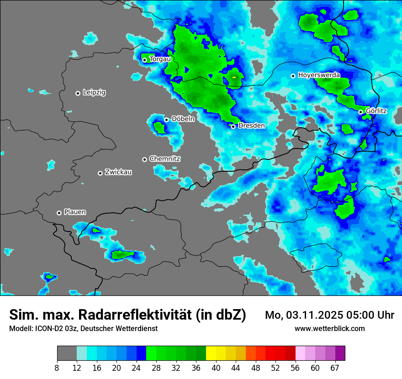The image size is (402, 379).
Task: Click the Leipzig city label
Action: coord(94,93)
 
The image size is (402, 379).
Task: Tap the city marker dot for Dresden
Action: coord(233,126)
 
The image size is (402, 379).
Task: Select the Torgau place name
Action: coord(160,59)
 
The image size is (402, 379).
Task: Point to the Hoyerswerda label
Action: coord(319,75)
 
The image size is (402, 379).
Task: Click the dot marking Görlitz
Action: coord(360,112)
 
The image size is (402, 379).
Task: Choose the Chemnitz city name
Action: coord(165,159)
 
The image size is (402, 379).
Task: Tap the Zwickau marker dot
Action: coord(100,173)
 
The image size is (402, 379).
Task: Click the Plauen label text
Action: coord(75,212)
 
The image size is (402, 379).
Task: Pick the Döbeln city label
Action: coord(183,119)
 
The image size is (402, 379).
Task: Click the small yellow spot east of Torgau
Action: coord(234,78)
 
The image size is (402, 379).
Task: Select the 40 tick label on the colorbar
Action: coord(216,368)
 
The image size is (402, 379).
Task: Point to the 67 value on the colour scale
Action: coord(335,368)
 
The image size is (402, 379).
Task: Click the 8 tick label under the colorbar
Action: coord(57,368)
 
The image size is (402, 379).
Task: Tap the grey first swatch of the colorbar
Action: coord(67,353)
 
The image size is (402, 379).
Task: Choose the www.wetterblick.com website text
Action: coord(330,329)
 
